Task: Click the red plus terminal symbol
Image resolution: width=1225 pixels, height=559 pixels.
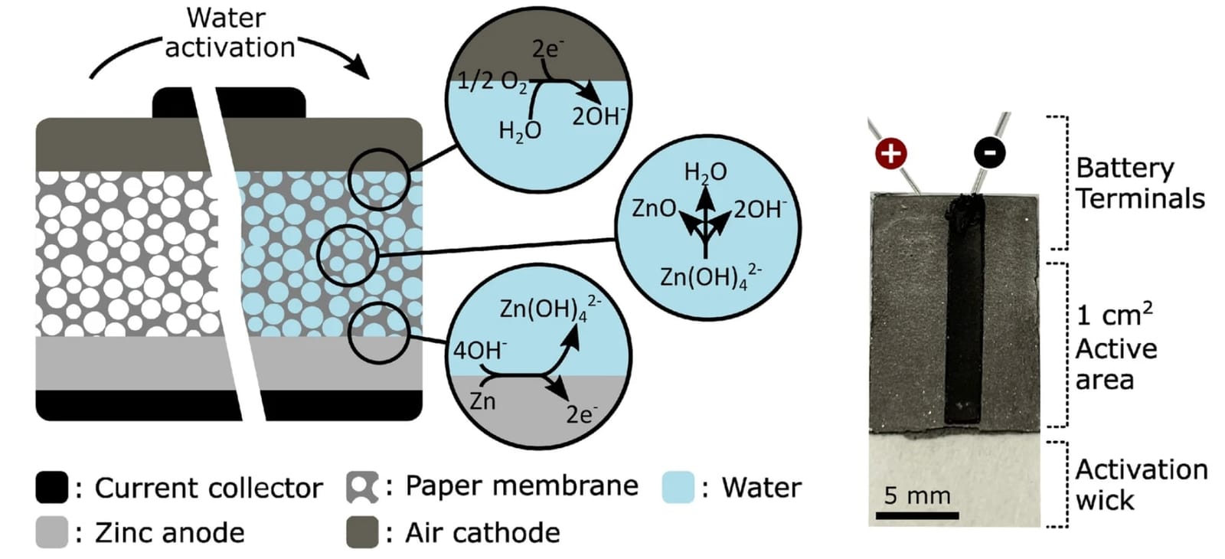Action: pyautogui.click(x=891, y=153)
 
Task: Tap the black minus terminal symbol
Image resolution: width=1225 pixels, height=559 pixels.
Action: pyautogui.click(x=990, y=152)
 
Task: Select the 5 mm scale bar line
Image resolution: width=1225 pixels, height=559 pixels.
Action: pyautogui.click(x=917, y=515)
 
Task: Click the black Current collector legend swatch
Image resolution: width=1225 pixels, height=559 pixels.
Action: pyautogui.click(x=52, y=487)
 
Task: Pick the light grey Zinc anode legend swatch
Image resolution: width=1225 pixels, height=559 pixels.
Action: pyautogui.click(x=52, y=532)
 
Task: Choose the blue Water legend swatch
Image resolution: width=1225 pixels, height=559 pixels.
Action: pyautogui.click(x=678, y=487)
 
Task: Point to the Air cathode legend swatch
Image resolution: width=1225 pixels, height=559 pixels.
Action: pyautogui.click(x=362, y=532)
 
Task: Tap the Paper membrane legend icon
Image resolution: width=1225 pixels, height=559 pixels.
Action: pyautogui.click(x=362, y=487)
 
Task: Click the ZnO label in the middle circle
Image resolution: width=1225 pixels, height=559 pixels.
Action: pyautogui.click(x=654, y=208)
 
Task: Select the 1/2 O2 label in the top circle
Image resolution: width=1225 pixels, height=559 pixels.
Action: pyautogui.click(x=492, y=83)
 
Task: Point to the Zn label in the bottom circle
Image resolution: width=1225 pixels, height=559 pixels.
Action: pyautogui.click(x=483, y=401)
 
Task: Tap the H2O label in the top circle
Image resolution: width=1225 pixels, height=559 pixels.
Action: pyautogui.click(x=520, y=132)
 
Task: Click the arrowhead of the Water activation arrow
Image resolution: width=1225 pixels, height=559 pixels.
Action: pyautogui.click(x=358, y=67)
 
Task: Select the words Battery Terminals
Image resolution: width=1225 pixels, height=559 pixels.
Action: pyautogui.click(x=1140, y=183)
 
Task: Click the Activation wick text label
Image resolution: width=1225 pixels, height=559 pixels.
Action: pyautogui.click(x=1142, y=485)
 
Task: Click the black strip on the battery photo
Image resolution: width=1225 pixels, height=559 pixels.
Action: pyautogui.click(x=964, y=311)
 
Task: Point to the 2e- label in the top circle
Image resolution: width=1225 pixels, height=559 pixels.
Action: pyautogui.click(x=547, y=49)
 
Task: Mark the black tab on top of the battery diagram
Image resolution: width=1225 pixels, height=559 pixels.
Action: pyautogui.click(x=229, y=103)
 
